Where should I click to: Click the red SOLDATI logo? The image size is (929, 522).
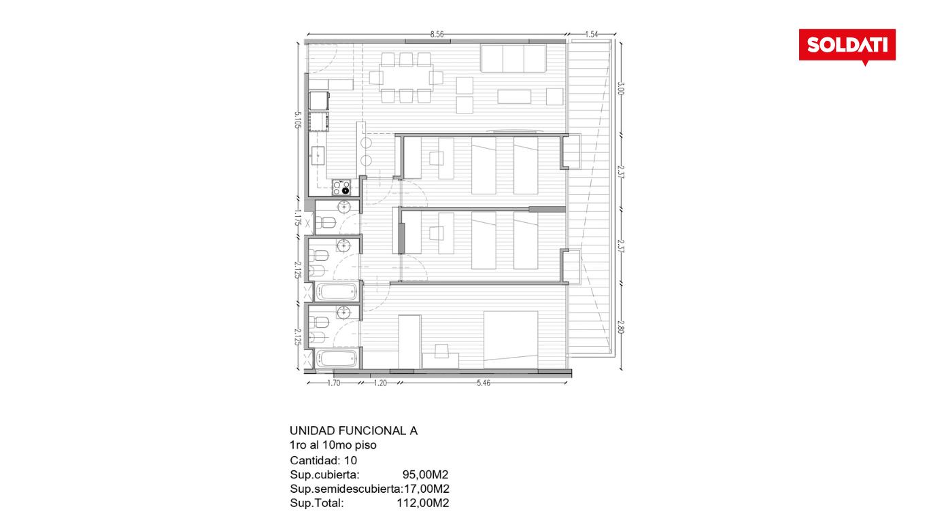[x=847, y=46]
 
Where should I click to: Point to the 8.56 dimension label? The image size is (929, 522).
[x=437, y=35]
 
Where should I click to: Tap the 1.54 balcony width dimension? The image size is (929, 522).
[x=592, y=35]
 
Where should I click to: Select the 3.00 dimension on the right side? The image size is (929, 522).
[x=620, y=88]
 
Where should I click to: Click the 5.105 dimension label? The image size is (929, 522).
[x=297, y=120]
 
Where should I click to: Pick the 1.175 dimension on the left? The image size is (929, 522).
[x=297, y=217]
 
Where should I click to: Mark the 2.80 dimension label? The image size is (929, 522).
[x=620, y=327]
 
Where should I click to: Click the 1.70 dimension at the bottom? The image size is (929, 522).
[x=333, y=383]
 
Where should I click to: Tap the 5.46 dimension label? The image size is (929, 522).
[x=483, y=383]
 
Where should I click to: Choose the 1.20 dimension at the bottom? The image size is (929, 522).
[x=380, y=383]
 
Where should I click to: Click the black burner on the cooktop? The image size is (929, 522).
[x=345, y=191]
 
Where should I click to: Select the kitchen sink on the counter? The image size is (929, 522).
[x=318, y=156]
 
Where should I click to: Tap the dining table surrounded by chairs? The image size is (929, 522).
[x=406, y=77]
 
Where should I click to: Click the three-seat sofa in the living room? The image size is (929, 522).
[x=513, y=58]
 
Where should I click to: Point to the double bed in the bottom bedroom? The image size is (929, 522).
[x=511, y=340]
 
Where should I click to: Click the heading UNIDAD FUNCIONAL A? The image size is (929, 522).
[x=354, y=431]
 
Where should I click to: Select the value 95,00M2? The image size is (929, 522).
[x=426, y=474]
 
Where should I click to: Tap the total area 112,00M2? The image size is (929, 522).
[x=423, y=503]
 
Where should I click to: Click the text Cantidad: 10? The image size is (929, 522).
[x=324, y=460]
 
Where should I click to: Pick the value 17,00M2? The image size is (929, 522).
[x=427, y=489]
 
